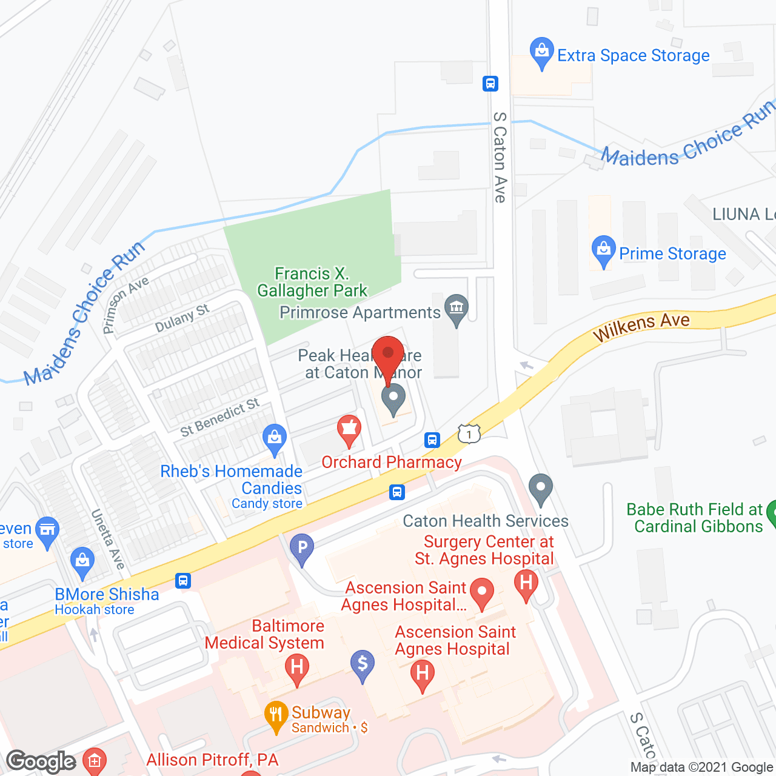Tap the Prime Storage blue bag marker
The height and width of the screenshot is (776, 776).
point(603,251)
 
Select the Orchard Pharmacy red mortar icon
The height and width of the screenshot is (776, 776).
point(349,430)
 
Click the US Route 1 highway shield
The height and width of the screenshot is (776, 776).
point(469,433)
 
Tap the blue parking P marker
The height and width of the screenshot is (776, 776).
point(302,549)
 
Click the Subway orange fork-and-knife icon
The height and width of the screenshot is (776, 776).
point(276,716)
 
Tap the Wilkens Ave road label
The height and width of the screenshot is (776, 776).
point(641,327)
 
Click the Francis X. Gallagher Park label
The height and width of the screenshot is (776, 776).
point(312,283)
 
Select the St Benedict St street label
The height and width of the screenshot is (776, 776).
point(220,417)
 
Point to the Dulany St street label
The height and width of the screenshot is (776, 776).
point(182,318)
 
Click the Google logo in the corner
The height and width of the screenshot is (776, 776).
point(41,761)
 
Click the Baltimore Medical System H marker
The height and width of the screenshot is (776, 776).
point(296,669)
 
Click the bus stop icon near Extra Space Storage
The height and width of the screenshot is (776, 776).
point(490,84)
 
